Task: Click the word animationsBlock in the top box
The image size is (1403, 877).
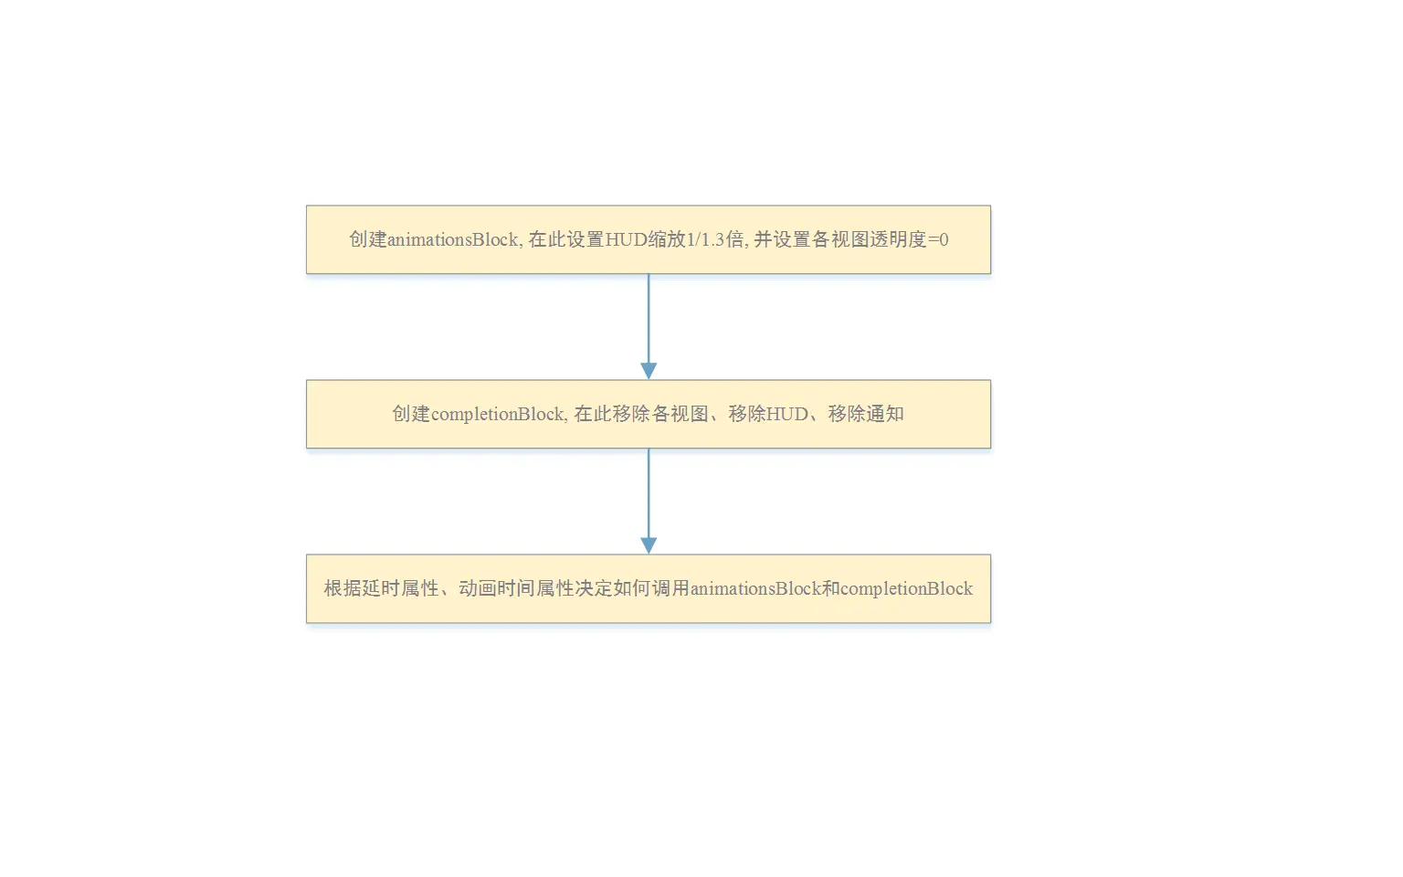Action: pos(453,240)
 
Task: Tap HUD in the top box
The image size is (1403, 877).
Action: pos(627,240)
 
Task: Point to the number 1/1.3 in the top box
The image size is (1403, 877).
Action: pos(705,240)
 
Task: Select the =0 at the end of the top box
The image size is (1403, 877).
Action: pos(938,240)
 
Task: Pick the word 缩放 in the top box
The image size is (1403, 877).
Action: pos(668,240)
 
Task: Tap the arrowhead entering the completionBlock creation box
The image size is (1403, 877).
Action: pos(649,371)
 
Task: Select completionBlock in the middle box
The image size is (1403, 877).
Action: pos(499,415)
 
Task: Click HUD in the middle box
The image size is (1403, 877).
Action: pos(787,415)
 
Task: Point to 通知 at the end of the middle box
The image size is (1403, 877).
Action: pos(885,415)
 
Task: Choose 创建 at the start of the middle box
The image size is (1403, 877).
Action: pos(411,415)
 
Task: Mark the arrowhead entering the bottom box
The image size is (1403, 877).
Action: pos(649,545)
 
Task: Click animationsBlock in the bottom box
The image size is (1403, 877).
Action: pos(755,589)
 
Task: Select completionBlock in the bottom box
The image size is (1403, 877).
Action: pos(906,589)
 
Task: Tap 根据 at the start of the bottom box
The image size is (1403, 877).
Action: pos(343,589)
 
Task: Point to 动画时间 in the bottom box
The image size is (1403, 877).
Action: pos(497,589)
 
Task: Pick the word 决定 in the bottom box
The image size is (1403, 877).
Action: pos(594,589)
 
